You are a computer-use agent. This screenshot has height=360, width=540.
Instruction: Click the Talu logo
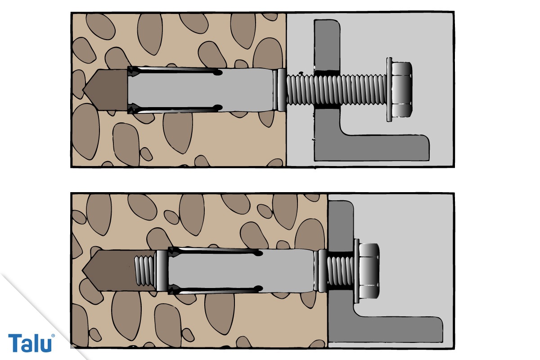pos(31,342)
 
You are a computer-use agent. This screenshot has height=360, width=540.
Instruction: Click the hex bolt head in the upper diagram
pos(401,90)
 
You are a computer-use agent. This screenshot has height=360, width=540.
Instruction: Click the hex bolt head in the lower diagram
pos(369,271)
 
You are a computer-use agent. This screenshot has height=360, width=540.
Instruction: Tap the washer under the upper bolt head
pos(389,90)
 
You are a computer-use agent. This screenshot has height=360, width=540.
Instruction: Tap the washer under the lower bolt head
pos(357,271)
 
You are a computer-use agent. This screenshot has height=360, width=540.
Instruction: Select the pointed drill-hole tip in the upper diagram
pos(105,90)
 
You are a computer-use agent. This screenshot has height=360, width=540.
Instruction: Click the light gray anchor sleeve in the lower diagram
pos(241,270)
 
